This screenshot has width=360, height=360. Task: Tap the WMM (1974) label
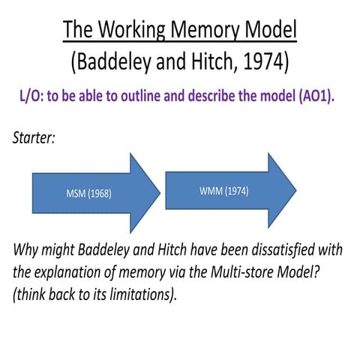(x=223, y=190)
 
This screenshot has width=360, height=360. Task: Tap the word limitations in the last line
(x=144, y=293)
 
